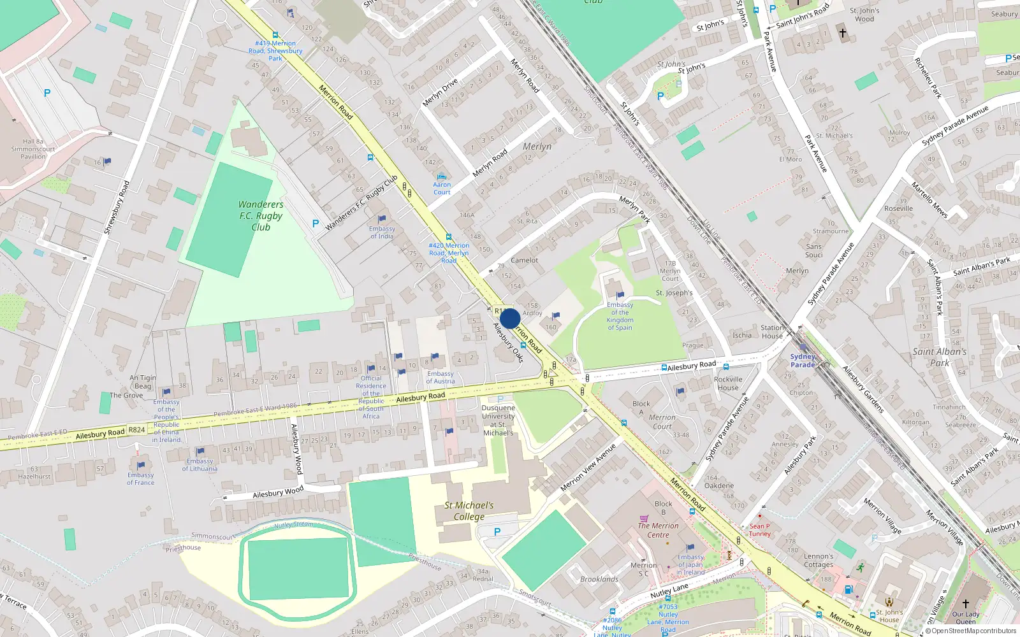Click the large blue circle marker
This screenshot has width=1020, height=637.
[509, 318]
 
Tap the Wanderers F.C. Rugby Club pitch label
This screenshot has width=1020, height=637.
[261, 216]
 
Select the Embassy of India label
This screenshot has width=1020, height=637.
[382, 233]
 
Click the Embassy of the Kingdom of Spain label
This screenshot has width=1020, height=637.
[620, 316]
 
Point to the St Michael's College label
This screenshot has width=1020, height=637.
[469, 511]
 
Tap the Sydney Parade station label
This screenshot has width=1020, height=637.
[803, 361]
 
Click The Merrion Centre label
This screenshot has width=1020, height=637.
[658, 530]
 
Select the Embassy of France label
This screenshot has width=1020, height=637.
[140, 478]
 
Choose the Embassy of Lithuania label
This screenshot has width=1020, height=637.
[200, 465]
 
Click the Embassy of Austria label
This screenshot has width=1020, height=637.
[441, 378]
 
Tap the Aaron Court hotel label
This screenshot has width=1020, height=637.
[442, 189]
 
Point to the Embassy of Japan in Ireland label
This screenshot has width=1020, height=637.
[690, 564]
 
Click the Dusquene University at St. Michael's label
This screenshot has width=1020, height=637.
[498, 420]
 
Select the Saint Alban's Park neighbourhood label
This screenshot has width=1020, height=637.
[939, 357]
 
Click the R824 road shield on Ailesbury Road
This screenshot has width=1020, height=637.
[136, 430]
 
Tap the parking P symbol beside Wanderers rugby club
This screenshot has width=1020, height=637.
[315, 224]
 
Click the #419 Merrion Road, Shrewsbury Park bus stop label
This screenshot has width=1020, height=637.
[275, 50]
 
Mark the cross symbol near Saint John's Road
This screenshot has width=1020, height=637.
[842, 32]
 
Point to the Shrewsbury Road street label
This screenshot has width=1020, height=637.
[116, 208]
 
